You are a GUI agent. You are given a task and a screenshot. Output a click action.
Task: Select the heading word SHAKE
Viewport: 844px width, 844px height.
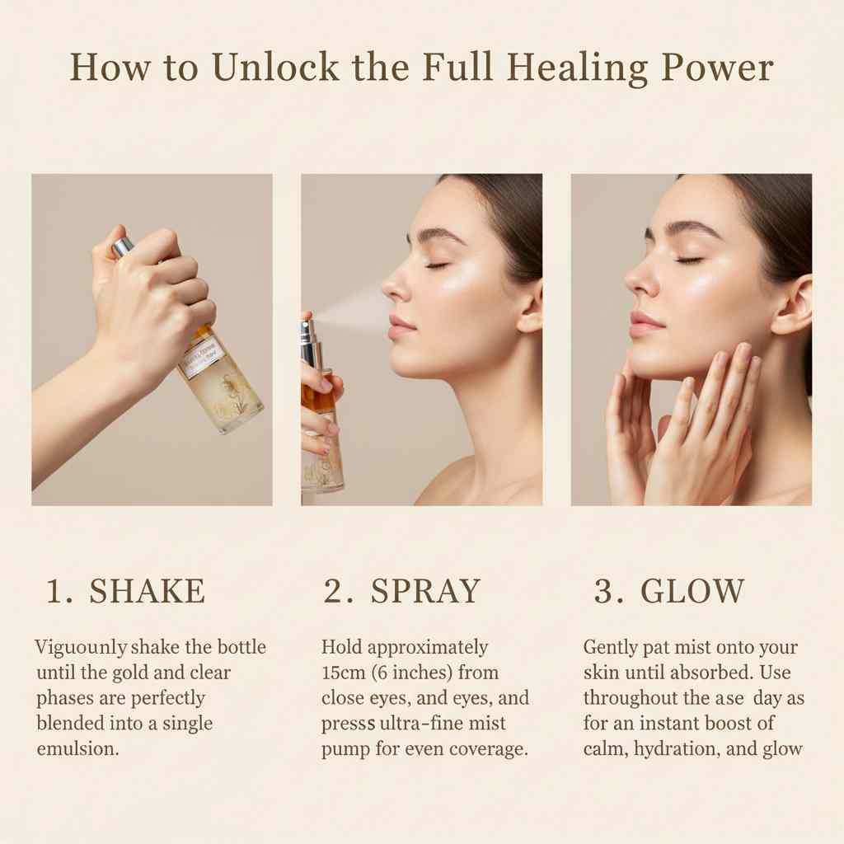[x=147, y=592]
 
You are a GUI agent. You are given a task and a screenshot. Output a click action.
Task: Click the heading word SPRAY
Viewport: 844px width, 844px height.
[x=425, y=592]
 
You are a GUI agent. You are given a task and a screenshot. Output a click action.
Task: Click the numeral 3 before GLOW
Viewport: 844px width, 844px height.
[x=603, y=592]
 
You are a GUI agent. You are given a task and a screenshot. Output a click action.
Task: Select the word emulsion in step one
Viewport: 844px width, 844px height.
[x=77, y=749]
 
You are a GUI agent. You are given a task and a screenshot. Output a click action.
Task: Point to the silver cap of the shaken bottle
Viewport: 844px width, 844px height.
[x=123, y=246]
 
